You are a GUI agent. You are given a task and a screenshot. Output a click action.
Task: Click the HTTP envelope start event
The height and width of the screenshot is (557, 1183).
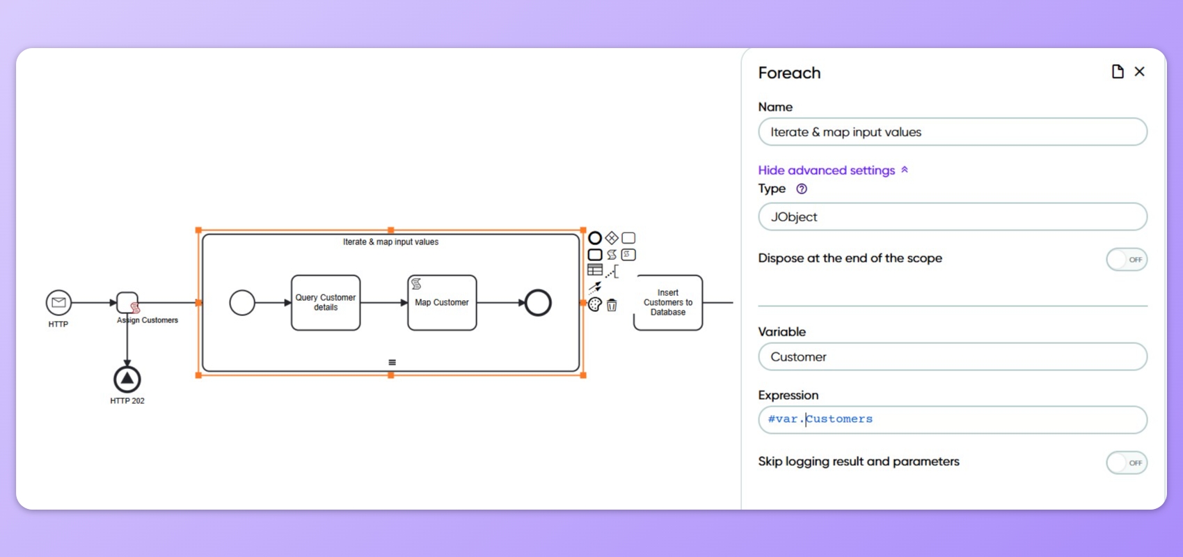(58, 302)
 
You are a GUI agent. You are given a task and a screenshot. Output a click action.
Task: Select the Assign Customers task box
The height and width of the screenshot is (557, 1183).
(127, 302)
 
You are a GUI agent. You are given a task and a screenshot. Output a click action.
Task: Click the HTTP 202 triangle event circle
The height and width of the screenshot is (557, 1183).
(127, 379)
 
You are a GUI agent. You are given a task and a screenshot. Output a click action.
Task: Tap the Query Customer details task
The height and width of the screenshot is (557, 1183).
(326, 303)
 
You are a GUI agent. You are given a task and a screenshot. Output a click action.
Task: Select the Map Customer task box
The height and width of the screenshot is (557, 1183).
(442, 303)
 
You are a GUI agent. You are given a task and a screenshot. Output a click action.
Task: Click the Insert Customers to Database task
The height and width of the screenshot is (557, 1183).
(668, 303)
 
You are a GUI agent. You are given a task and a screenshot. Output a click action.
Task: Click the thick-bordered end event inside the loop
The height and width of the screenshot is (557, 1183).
(538, 303)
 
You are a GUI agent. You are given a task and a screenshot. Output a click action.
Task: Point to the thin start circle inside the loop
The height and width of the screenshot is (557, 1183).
(242, 303)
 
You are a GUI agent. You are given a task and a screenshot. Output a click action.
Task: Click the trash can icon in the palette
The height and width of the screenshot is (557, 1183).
(612, 305)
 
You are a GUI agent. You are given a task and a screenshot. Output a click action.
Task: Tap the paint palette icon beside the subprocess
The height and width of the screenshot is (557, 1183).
(595, 305)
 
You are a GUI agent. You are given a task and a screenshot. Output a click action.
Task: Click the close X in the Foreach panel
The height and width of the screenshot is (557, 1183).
(1139, 72)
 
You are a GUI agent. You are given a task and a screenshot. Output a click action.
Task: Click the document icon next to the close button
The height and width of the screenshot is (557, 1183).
(1118, 72)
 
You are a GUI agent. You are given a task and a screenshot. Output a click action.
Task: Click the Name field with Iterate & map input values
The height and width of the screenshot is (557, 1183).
(952, 132)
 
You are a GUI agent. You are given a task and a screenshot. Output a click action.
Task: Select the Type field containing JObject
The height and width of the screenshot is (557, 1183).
(952, 217)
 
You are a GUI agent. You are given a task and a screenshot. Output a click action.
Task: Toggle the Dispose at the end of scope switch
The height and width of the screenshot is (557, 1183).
(1127, 260)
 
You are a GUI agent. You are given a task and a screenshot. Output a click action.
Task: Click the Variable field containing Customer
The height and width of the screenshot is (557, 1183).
(952, 357)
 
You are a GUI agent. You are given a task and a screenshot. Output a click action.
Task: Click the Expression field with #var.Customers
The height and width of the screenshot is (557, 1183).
(952, 420)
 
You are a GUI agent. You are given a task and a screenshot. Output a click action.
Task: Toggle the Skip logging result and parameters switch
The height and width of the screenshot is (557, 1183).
(1127, 463)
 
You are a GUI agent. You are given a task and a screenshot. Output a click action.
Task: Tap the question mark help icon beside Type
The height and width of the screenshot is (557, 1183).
(802, 189)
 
